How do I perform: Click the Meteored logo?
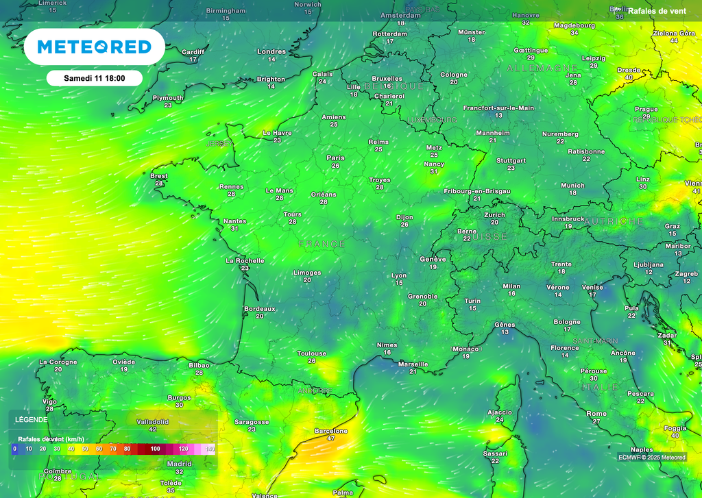[94, 47]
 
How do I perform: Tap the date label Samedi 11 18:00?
[94, 78]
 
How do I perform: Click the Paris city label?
[336, 158]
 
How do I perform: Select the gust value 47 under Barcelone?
[331, 438]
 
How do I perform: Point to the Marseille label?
[413, 364]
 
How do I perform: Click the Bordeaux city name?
[260, 309]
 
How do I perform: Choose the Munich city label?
[572, 186]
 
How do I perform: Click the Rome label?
[596, 414]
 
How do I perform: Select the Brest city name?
[159, 176]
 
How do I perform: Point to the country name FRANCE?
[322, 244]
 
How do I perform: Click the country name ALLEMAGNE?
[542, 69]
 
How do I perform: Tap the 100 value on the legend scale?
[156, 449]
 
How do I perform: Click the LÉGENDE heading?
[32, 419]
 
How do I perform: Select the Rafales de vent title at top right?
[657, 11]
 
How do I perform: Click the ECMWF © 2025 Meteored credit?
[651, 458]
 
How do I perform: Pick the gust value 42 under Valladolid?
[152, 429]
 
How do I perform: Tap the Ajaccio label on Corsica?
[499, 412]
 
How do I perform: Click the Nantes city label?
[234, 221]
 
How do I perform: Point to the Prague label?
[646, 109]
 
